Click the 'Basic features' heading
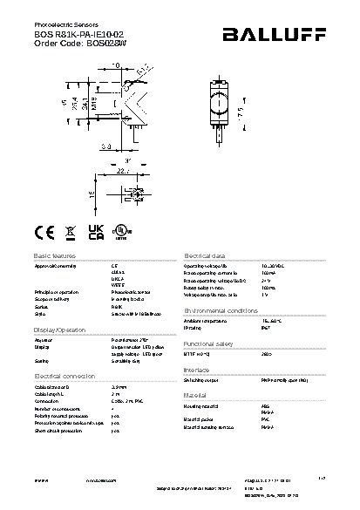coord(55,255)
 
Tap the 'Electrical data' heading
coord(205,255)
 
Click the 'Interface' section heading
coord(197,370)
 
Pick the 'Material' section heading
coord(195,395)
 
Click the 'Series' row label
coord(40,308)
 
